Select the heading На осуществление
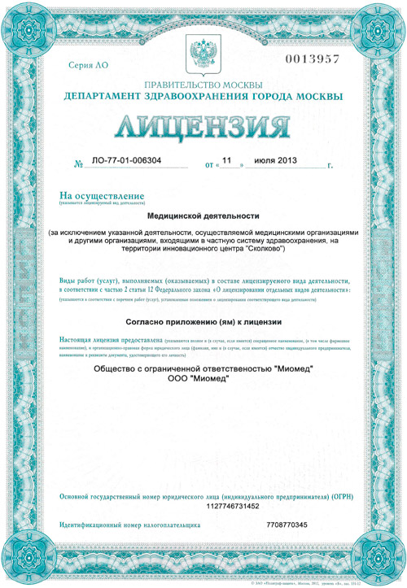pos(102,195)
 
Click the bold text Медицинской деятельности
pos(203,216)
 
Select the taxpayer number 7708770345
pos(287,525)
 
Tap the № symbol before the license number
pos(79,163)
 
